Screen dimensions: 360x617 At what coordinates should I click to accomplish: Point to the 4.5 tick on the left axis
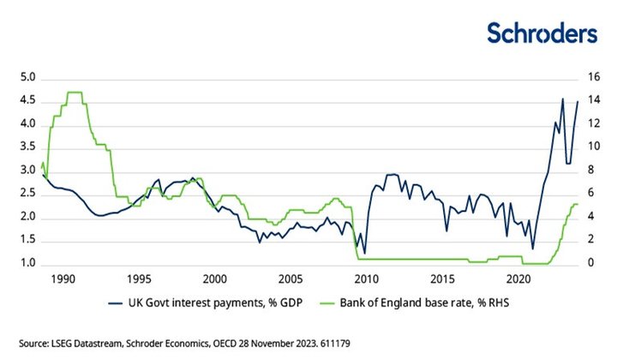pyautogui.click(x=28, y=101)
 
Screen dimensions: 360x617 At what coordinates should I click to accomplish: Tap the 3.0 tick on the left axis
pyautogui.click(x=28, y=171)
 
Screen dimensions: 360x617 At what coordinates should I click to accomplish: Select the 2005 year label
pyautogui.click(x=291, y=279)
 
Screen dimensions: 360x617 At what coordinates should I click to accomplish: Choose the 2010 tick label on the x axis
pyautogui.click(x=367, y=279)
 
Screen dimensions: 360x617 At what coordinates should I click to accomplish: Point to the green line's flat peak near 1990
pyautogui.click(x=74, y=92)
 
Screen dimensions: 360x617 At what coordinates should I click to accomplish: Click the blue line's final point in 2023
pyautogui.click(x=578, y=101)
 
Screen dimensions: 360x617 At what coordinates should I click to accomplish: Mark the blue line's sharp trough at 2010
pyautogui.click(x=365, y=253)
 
